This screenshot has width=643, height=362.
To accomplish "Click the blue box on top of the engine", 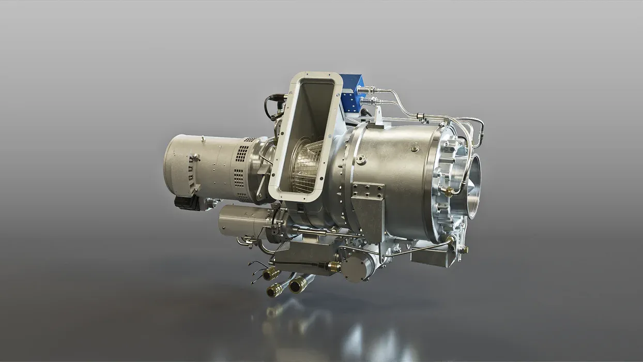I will point(351,96).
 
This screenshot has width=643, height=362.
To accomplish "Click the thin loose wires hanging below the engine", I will point(256,271).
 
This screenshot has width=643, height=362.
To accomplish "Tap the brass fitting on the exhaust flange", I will point(448,192).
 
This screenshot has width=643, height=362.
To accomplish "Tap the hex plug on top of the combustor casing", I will point(414,148).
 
